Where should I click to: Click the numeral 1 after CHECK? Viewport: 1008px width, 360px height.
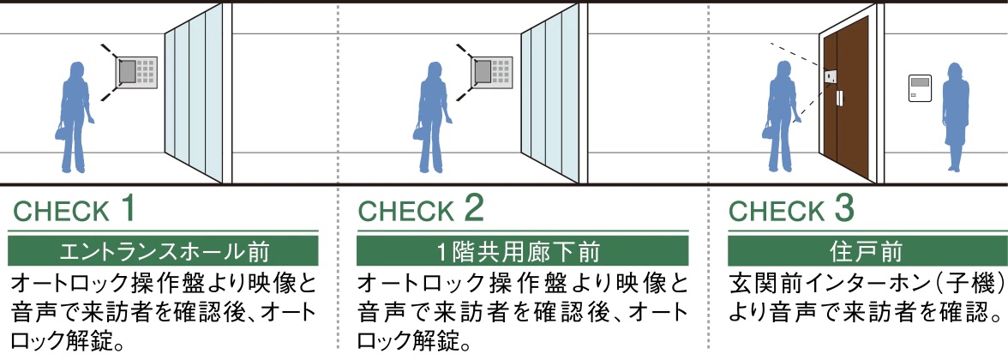128,208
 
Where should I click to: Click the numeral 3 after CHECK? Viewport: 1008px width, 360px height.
844,208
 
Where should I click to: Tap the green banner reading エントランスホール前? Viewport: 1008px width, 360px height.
163,252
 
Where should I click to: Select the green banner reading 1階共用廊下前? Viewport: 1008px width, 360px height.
522,252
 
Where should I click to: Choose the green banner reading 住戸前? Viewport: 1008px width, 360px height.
867,252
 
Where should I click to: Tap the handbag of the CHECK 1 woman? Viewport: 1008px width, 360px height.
62,130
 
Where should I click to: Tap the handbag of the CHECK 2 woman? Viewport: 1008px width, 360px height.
420,130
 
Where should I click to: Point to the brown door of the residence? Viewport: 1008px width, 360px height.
857,103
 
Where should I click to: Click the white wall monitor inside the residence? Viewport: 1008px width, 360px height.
919,89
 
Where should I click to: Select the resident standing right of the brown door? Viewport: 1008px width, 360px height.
955,116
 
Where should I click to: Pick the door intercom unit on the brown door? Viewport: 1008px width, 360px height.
831,78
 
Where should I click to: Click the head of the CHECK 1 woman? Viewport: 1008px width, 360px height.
76,72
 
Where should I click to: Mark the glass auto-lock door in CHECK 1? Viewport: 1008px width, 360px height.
195,94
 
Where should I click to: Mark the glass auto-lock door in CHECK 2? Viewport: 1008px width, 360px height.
553,94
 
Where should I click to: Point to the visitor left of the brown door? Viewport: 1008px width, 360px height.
781,116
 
